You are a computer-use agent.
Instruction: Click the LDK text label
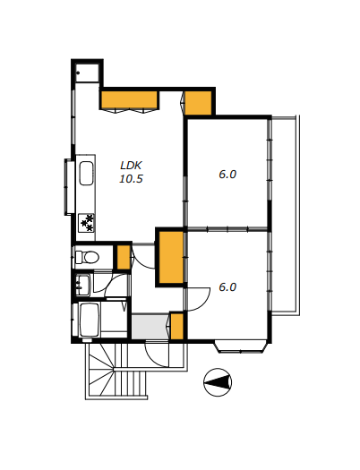pos(131,166)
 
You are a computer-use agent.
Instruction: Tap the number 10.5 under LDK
pos(131,179)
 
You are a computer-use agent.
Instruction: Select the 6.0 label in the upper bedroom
pos(227,175)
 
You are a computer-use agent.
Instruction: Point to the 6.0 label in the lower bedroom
pos(227,287)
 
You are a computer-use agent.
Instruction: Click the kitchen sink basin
pos(86,174)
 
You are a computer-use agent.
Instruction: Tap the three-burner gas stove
pos(86,223)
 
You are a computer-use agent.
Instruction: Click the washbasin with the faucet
pos(82,285)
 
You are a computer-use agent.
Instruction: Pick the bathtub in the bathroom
pos(90,320)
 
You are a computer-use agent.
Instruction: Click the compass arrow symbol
pos(218,382)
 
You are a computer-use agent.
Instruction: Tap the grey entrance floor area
pos(150,327)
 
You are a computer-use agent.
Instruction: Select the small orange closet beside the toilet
pos(124,257)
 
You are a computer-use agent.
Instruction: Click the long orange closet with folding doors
pos(129,99)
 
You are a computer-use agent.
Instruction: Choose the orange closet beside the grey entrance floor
pos(176,327)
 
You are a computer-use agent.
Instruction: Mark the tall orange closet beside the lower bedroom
pos(171,258)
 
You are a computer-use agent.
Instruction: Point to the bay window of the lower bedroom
pos(240,346)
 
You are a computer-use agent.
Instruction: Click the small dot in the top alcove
pos(78,73)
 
